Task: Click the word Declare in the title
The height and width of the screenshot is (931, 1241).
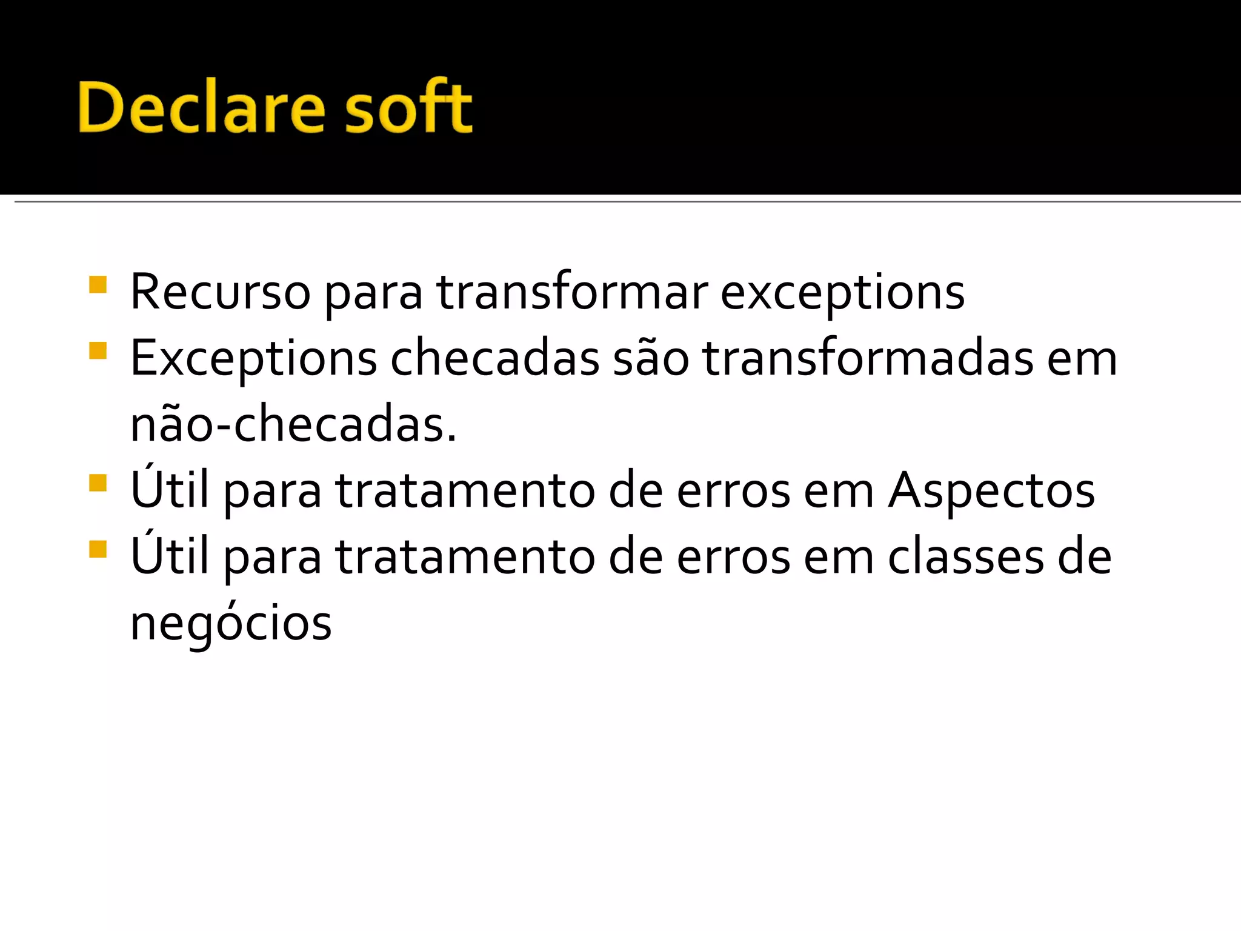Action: click(201, 107)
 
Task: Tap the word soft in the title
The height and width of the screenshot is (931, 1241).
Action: click(408, 107)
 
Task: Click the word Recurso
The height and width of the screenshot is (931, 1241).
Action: click(221, 293)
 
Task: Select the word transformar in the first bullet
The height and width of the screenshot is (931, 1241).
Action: click(571, 293)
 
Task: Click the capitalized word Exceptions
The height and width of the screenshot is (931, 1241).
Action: click(253, 359)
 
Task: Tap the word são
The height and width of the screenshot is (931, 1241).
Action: click(651, 359)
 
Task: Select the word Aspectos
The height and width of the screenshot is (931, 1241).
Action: click(991, 491)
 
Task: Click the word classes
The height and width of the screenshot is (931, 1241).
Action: click(966, 557)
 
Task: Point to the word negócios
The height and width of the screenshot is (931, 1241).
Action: click(231, 624)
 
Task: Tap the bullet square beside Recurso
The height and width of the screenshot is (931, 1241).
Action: click(98, 285)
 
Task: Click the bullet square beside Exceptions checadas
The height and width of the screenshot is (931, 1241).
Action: click(98, 351)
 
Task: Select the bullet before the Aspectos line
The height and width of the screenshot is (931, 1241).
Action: click(98, 483)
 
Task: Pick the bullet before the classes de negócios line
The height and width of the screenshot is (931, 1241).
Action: click(98, 549)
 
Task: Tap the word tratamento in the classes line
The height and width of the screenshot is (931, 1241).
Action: click(465, 557)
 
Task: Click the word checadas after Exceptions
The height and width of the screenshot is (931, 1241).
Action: click(494, 359)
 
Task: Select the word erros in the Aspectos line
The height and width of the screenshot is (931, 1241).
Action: click(733, 491)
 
